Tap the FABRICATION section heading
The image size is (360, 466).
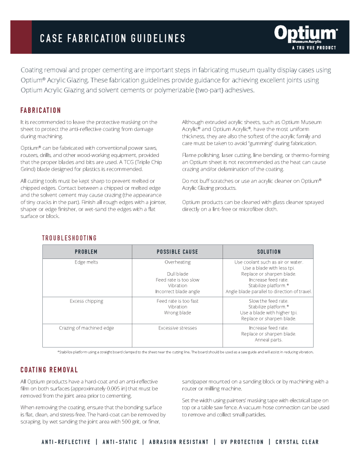pyautogui.click(x=41, y=111)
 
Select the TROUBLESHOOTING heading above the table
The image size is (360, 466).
pyautogui.click(x=69, y=238)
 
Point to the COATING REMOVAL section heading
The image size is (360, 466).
pyautogui.click(x=49, y=370)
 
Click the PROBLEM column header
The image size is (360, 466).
pyautogui.click(x=86, y=252)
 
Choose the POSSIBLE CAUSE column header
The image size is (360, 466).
pyautogui.click(x=177, y=252)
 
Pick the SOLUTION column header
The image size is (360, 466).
pyautogui.click(x=269, y=252)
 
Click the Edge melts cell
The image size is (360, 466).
pyautogui.click(x=86, y=262)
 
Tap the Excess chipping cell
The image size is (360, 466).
pyautogui.click(x=86, y=301)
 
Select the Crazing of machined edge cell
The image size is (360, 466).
pyautogui.click(x=86, y=328)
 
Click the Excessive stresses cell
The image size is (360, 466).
pyautogui.click(x=177, y=328)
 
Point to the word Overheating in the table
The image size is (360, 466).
pyautogui.click(x=177, y=262)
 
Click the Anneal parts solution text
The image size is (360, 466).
pyautogui.click(x=269, y=339)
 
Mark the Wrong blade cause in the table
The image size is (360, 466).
pyautogui.click(x=177, y=313)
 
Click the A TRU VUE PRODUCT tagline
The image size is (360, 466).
pyautogui.click(x=314, y=48)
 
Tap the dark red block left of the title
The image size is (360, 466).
pyautogui.click(x=21, y=37)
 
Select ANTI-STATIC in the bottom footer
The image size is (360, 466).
pyautogui.click(x=119, y=442)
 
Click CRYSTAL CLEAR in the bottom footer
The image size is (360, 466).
pyautogui.click(x=297, y=442)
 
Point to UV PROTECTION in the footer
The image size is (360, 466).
pyautogui.click(x=242, y=442)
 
